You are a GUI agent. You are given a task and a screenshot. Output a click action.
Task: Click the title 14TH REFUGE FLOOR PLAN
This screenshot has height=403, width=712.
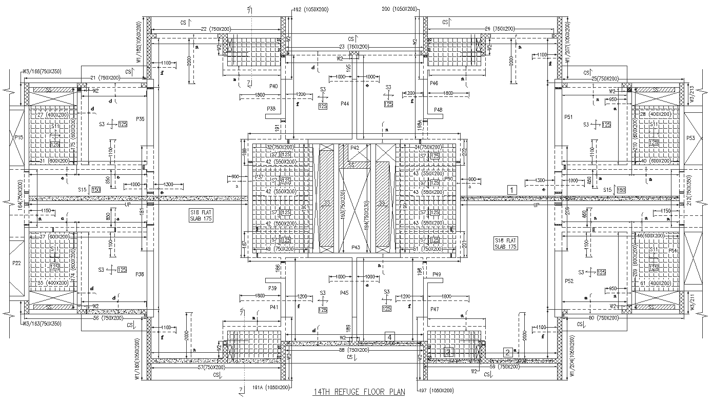pyautogui.click(x=359, y=393)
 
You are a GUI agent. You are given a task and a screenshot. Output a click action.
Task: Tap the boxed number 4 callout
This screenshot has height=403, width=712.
pyautogui.click(x=390, y=337)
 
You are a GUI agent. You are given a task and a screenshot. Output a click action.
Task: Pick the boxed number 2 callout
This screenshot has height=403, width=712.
pyautogui.click(x=507, y=352)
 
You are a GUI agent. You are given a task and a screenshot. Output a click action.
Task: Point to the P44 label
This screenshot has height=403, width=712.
pyautogui.click(x=345, y=104)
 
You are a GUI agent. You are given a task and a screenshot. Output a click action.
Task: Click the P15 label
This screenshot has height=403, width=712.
pyautogui.click(x=18, y=137)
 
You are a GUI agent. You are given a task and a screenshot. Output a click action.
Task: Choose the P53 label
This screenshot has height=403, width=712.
pyautogui.click(x=690, y=138)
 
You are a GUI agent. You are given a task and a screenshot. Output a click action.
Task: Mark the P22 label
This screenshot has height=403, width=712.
pyautogui.click(x=17, y=263)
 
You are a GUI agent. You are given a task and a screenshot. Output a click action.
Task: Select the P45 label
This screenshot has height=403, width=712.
pyautogui.click(x=344, y=293)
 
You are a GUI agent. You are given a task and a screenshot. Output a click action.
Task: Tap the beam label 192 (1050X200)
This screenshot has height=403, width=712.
pyautogui.click(x=311, y=9)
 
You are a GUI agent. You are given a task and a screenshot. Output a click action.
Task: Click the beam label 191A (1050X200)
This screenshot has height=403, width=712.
pyautogui.click(x=271, y=388)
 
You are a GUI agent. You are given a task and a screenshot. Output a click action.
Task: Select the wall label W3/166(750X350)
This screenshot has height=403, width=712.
pyautogui.click(x=42, y=71)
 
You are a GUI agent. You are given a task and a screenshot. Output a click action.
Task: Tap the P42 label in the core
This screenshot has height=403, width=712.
pyautogui.click(x=355, y=148)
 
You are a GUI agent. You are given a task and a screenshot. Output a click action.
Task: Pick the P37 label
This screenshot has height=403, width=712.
pyautogui.click(x=259, y=177)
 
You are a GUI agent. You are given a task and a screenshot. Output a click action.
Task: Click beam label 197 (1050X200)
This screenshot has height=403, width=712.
pyautogui.click(x=437, y=391)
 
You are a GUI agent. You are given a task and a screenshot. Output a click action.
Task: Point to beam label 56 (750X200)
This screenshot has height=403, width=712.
pyautogui.click(x=110, y=318)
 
